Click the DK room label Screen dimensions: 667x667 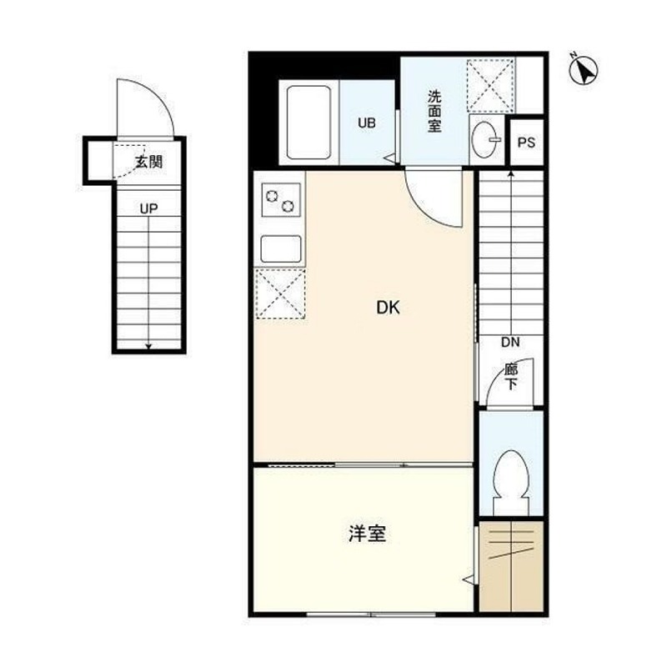tap(388, 308)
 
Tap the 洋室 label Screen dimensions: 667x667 tap(367, 534)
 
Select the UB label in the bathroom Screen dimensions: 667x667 tap(367, 123)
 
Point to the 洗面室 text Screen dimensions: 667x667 tap(434, 111)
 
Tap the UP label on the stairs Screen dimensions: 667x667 tap(148, 209)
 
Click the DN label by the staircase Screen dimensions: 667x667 tap(510, 342)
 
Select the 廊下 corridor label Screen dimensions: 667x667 tap(510, 377)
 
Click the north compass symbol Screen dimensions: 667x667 tap(583, 70)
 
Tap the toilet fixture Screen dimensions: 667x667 tap(509, 479)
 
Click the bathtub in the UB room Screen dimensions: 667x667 tap(308, 123)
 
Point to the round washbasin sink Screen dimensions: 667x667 tap(483, 140)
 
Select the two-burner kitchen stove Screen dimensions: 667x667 tap(280, 200)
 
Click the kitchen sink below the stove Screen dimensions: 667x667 tap(280, 248)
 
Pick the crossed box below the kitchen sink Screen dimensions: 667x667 tap(280, 293)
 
